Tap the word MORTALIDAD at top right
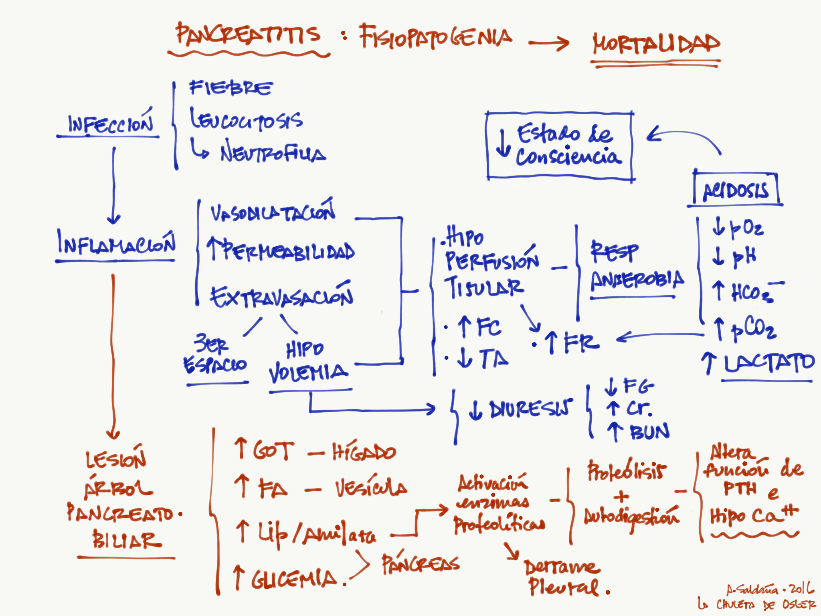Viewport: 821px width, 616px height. click(656, 44)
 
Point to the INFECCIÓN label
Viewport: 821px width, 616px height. click(110, 124)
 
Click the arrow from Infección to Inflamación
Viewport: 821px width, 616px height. click(114, 184)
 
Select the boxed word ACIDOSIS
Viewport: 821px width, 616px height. click(736, 191)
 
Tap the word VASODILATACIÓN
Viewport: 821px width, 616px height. click(273, 213)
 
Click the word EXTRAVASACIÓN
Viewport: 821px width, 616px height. click(281, 297)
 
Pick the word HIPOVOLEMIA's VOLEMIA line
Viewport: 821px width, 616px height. click(308, 373)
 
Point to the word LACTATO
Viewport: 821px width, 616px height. click(769, 363)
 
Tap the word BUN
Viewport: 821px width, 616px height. click(649, 432)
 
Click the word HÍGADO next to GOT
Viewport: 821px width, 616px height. click(364, 452)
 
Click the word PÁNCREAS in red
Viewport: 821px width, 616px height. click(420, 563)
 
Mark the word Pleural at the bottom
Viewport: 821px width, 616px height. click(564, 588)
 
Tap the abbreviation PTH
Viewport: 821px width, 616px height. click(740, 489)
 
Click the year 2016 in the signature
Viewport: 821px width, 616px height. click(802, 589)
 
